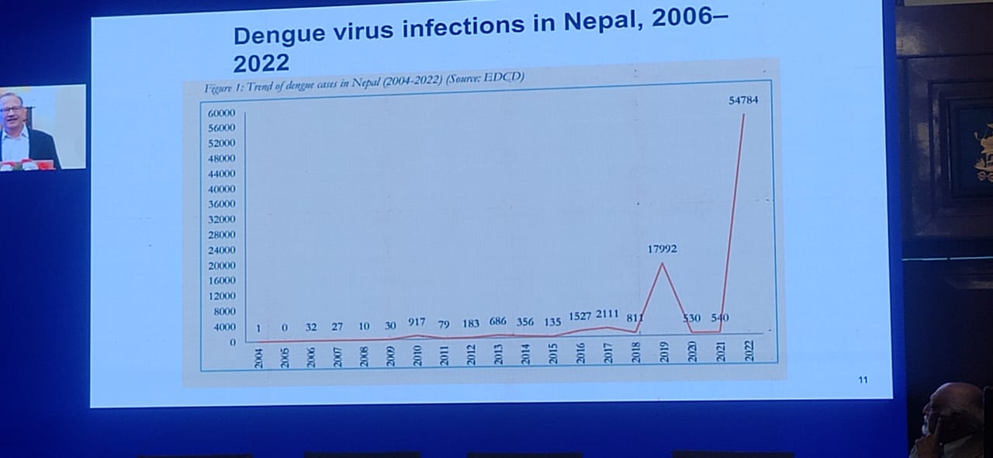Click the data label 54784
click(x=742, y=100)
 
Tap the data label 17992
click(x=663, y=249)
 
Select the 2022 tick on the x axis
click(x=748, y=352)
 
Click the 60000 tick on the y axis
click(x=221, y=113)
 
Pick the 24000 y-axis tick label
click(x=221, y=250)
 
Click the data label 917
click(x=417, y=322)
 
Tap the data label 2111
click(x=607, y=314)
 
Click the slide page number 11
click(x=863, y=380)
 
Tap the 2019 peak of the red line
click(x=662, y=264)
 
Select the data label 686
click(x=497, y=321)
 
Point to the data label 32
click(x=311, y=327)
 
